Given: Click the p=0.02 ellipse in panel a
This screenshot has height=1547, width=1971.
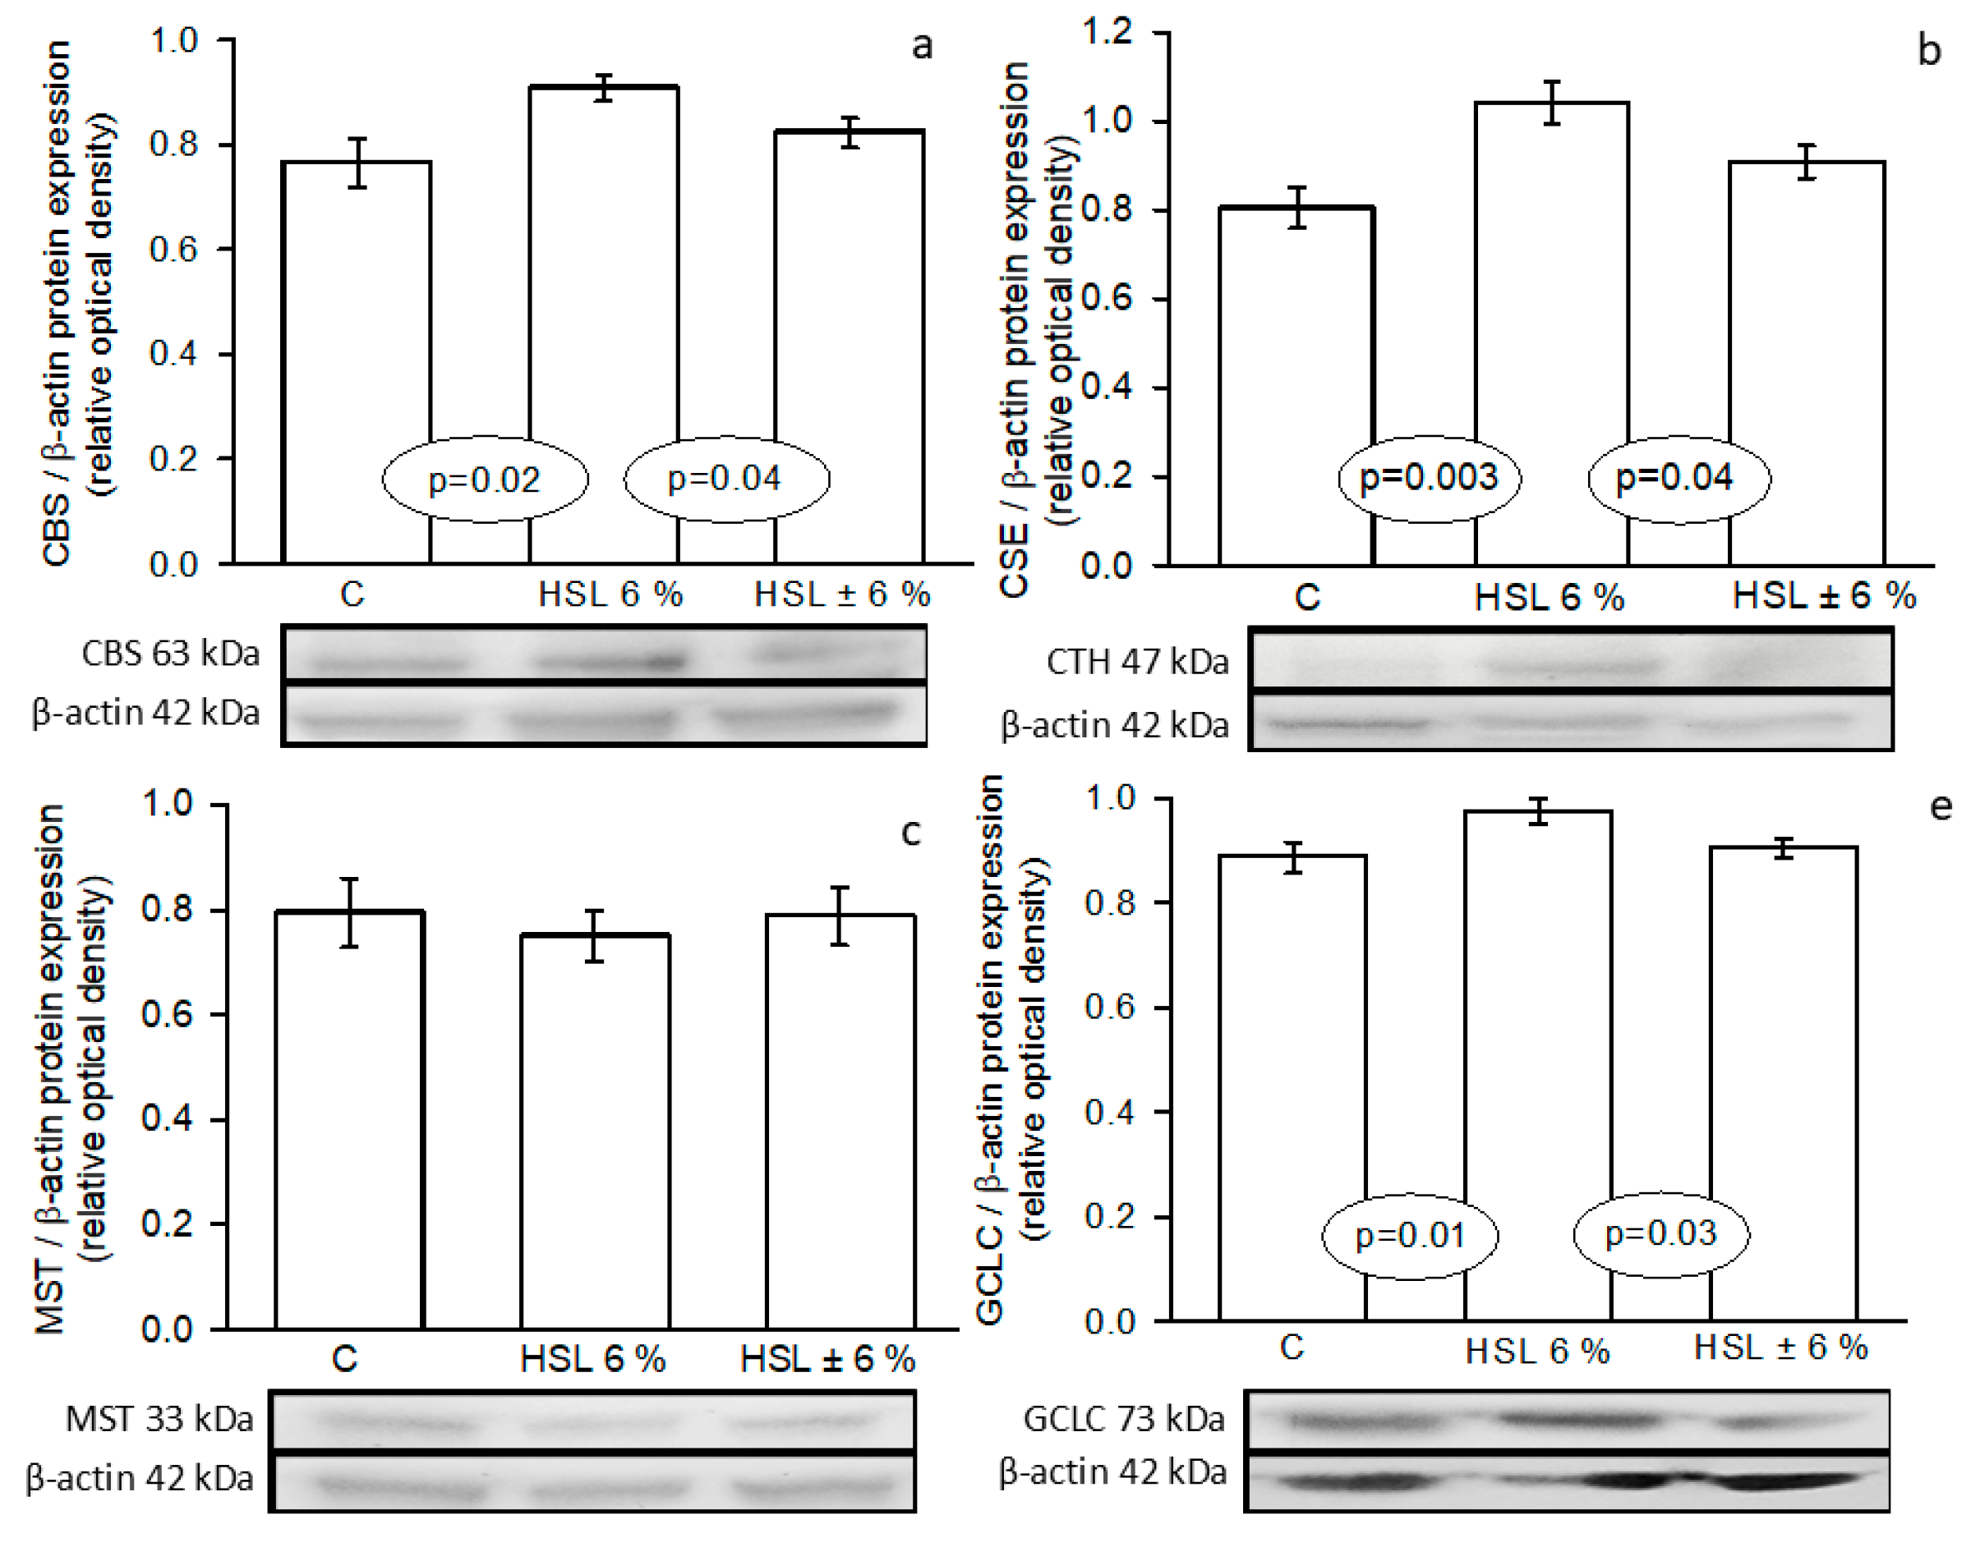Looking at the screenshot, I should (x=485, y=480).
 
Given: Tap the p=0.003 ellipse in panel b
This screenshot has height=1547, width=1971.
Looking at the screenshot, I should (x=1429, y=478).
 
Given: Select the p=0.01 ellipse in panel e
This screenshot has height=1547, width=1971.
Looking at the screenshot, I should (x=1409, y=1236).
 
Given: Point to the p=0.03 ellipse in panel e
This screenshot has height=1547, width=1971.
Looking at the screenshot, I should (x=1660, y=1233).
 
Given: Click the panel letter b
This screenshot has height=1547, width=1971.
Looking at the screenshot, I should (x=1929, y=51).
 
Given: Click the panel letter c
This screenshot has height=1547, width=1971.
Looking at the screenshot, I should (x=911, y=832).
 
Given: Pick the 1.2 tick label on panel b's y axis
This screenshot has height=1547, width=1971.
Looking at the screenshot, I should (x=1108, y=32).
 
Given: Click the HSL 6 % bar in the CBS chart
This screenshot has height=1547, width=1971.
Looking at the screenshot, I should (x=604, y=326).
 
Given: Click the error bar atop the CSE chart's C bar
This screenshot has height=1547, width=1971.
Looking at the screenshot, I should (x=1297, y=208).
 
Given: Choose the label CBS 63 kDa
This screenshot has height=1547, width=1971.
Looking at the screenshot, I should (x=170, y=654).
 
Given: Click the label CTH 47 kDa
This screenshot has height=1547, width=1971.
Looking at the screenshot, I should (x=1137, y=662).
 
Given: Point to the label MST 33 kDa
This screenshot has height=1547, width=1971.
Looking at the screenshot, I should (x=159, y=1419).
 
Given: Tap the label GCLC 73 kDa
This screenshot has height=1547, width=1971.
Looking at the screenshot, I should (x=1124, y=1418).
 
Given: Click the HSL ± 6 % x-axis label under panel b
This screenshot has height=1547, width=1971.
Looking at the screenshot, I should (x=1823, y=596).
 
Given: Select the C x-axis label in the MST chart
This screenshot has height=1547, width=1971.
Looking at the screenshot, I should (x=344, y=1359).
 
